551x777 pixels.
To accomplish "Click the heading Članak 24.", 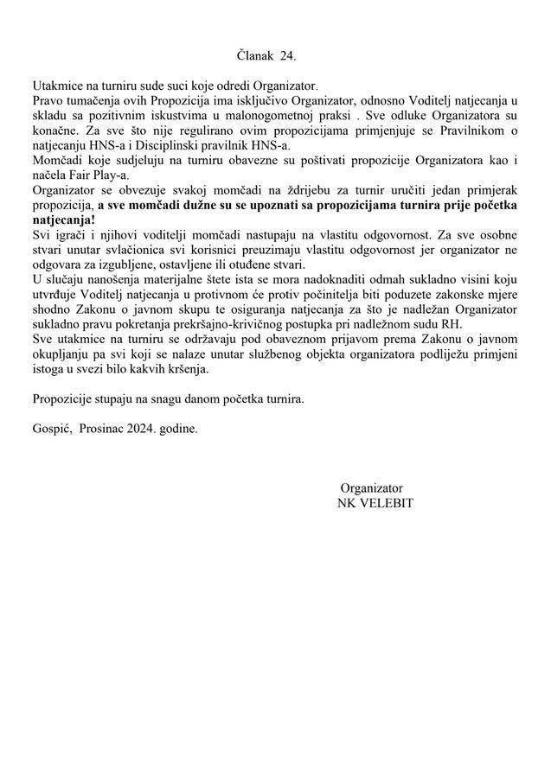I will pos(266,56).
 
